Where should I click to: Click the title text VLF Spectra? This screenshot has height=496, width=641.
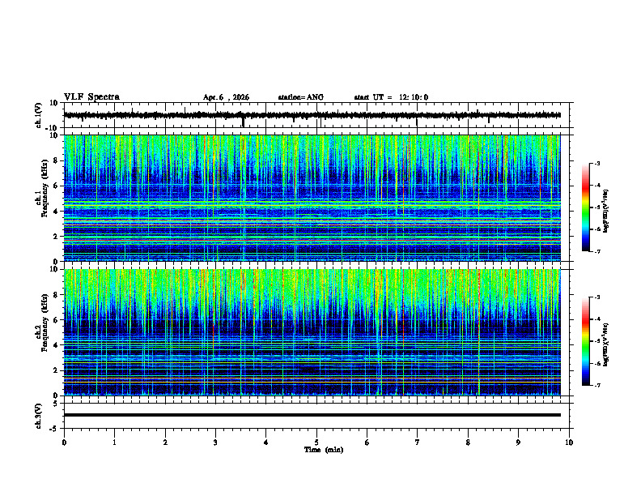point(91,97)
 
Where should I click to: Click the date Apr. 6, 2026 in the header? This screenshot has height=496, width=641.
point(226,97)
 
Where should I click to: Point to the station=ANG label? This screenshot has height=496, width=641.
point(300,97)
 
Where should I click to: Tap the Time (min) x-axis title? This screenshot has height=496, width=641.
point(324,450)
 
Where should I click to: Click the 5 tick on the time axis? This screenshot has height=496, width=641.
point(316,443)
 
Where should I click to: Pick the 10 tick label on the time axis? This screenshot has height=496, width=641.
point(569,443)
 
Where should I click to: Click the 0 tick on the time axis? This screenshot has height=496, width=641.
point(64,443)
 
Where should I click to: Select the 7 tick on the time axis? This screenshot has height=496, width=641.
point(418,443)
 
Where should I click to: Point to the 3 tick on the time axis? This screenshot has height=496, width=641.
point(215,443)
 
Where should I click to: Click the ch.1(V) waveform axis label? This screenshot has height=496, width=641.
point(38,115)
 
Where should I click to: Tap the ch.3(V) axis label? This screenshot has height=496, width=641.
point(38,414)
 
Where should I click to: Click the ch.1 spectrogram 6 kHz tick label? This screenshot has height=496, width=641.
point(56,186)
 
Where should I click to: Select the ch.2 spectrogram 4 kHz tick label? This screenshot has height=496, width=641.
point(56,344)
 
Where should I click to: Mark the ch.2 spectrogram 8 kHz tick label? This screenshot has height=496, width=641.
point(56,295)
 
